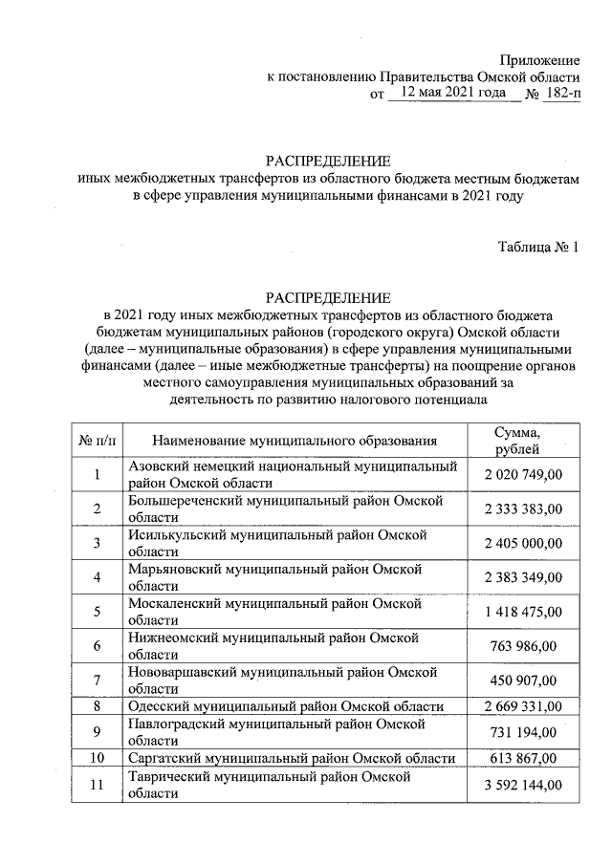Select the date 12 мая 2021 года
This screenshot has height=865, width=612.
(x=448, y=94)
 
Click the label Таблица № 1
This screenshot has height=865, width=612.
(x=538, y=247)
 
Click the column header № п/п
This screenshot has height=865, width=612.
(x=98, y=441)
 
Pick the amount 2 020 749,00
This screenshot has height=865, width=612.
(x=524, y=475)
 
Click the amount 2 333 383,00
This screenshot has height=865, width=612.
(x=524, y=508)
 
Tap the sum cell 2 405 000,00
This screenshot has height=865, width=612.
(x=524, y=543)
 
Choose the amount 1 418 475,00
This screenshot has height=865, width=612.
(x=524, y=612)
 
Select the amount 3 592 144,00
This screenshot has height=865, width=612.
(x=524, y=785)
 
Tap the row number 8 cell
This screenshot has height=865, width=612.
(x=98, y=706)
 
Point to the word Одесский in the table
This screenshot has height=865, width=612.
(x=157, y=706)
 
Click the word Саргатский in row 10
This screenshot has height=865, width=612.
(x=164, y=758)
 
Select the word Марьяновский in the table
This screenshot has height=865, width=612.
(x=174, y=569)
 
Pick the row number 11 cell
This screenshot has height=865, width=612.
(x=98, y=785)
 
